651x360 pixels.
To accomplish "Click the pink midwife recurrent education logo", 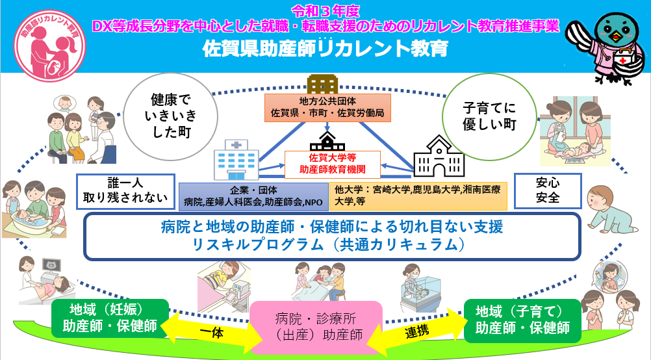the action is pos(49,45).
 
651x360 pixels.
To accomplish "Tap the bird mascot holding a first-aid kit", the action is pos(607,47).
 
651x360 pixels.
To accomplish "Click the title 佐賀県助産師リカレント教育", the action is pos(325,48).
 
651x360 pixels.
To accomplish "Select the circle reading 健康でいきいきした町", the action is pos(171,116).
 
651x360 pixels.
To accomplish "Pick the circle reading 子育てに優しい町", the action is pos(489,117).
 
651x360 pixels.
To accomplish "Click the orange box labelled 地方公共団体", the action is pos(327,107).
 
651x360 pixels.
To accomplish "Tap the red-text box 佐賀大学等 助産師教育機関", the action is pos(333,164).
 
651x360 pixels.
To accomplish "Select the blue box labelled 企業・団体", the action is pos(253,196).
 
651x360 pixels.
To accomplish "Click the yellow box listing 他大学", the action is pos(418,196).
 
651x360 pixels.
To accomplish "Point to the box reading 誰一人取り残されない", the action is pos(125,192).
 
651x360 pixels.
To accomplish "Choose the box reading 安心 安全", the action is pos(548,191).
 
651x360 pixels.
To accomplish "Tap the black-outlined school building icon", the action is pos(439,157).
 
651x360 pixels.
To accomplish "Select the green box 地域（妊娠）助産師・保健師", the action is pos(110,318).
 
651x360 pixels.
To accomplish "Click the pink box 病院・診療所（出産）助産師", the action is pos(316,328).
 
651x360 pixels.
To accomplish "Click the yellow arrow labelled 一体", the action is pos(212,329).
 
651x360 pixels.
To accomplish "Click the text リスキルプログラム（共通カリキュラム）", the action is pos(328,244).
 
